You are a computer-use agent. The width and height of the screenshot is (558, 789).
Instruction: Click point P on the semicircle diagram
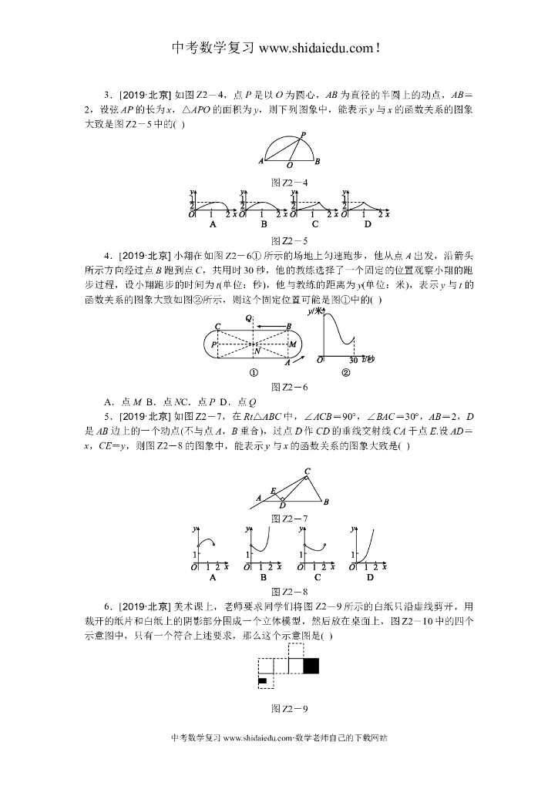[304, 133]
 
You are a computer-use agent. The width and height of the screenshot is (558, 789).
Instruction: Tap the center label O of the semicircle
[289, 165]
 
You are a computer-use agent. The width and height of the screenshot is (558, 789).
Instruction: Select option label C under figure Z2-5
[315, 224]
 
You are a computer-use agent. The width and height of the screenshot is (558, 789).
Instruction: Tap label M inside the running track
[292, 344]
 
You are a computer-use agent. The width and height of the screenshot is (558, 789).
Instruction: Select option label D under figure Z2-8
[370, 576]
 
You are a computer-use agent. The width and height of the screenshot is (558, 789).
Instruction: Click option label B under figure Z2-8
[264, 576]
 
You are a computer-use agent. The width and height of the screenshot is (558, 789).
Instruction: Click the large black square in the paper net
[311, 666]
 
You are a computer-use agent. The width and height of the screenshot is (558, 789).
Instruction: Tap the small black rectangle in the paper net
[262, 680]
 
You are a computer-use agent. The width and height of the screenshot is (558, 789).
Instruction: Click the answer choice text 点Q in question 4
[246, 401]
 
